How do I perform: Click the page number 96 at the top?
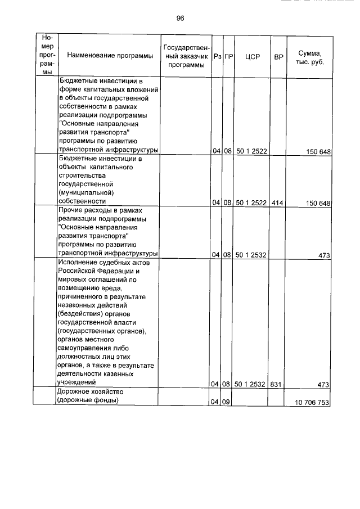(x=180, y=18)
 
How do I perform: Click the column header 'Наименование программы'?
(x=110, y=56)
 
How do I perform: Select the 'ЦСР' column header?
(x=252, y=56)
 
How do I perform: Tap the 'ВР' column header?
(x=278, y=56)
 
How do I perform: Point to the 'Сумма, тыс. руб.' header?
(x=309, y=56)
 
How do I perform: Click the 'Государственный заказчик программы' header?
(x=186, y=56)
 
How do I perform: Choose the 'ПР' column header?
(x=228, y=56)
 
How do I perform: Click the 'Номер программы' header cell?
(x=46, y=56)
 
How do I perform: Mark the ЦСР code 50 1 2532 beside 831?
(x=251, y=384)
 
